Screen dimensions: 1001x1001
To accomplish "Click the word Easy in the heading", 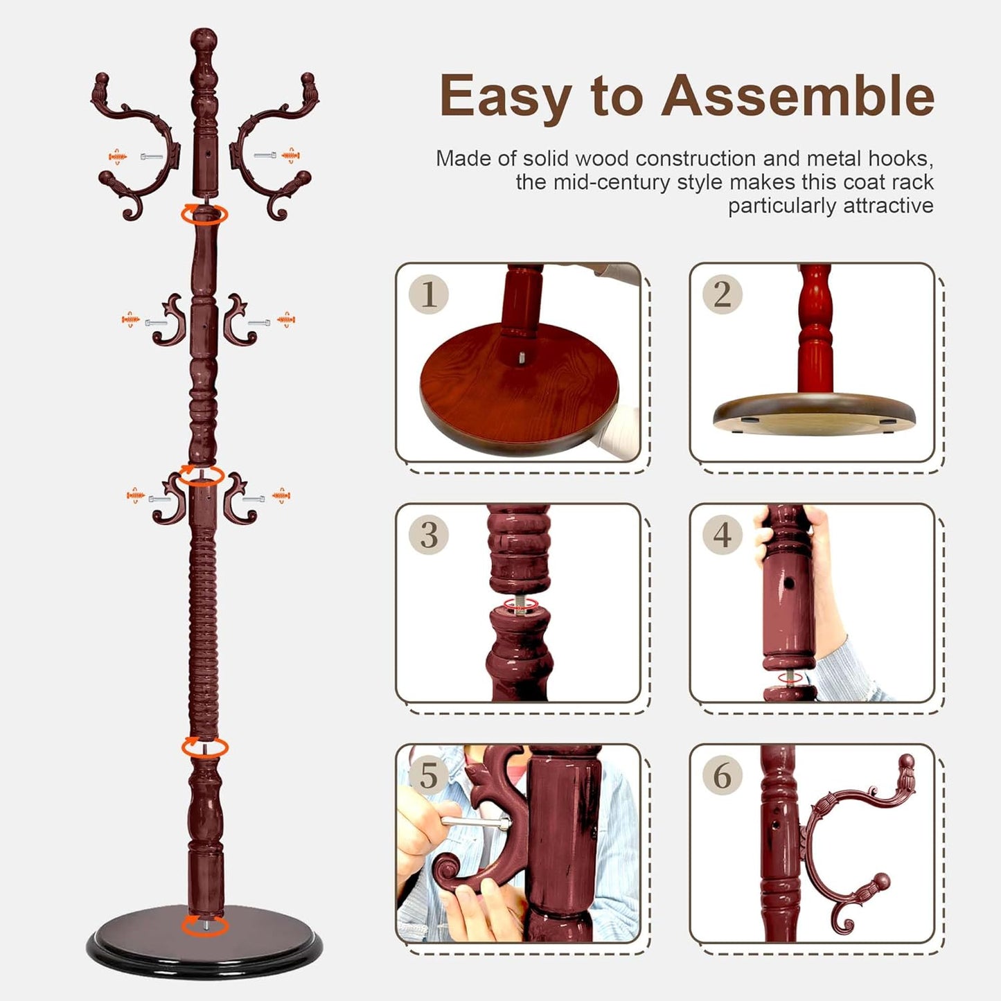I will [x=506, y=97].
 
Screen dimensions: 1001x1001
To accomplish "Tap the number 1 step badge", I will [x=429, y=294].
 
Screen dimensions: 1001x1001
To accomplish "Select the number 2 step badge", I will [x=722, y=294].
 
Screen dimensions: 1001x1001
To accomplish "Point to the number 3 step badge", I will [x=429, y=535].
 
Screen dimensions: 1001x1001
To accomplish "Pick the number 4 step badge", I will [x=722, y=535].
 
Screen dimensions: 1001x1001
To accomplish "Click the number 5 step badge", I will [x=429, y=775].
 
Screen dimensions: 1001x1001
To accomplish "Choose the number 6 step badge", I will [x=722, y=775].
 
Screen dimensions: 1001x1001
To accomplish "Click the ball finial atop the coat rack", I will [x=204, y=39].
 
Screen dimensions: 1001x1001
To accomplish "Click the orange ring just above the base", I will [x=205, y=925].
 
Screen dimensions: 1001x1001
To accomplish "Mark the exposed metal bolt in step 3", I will [x=520, y=604].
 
